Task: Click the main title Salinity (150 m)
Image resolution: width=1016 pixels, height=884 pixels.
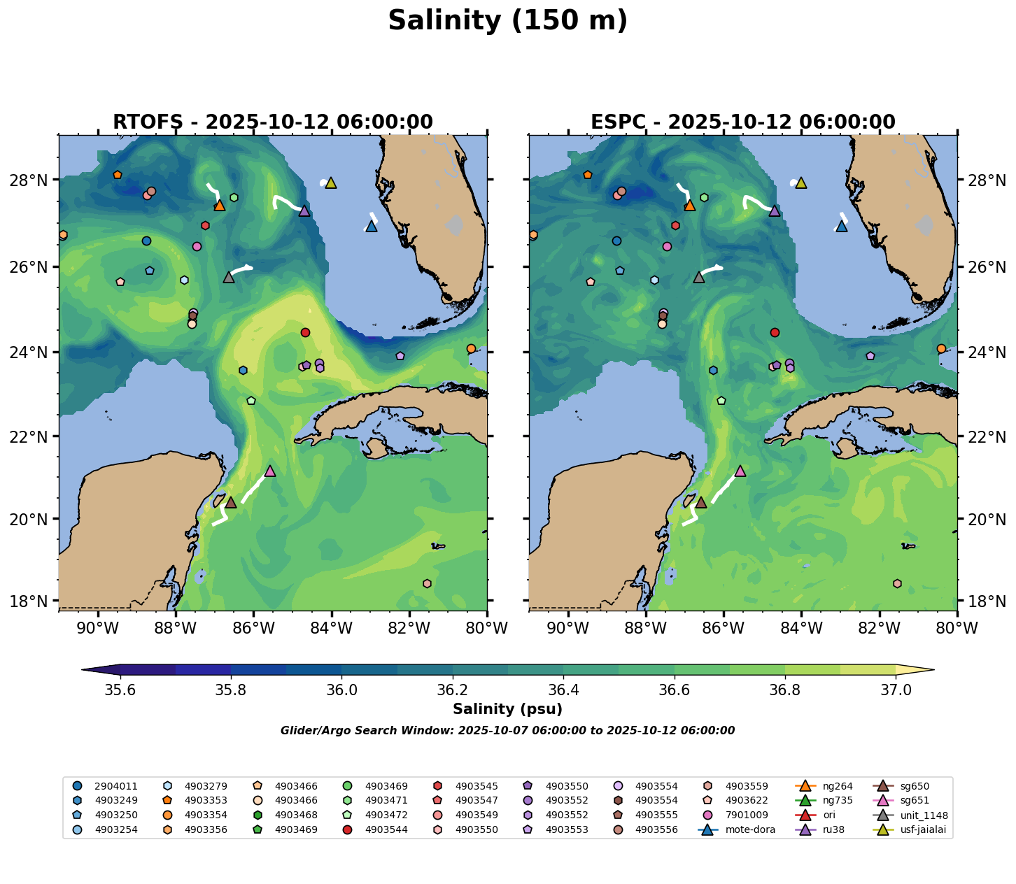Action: click(x=507, y=21)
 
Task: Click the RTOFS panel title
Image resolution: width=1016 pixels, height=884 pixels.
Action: click(x=273, y=122)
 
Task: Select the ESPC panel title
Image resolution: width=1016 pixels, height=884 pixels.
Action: click(x=743, y=122)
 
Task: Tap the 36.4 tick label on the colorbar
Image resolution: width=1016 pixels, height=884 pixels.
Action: click(x=563, y=690)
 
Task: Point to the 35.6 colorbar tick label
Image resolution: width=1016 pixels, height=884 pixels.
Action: click(x=120, y=690)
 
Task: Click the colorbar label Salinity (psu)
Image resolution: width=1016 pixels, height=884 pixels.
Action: click(x=507, y=710)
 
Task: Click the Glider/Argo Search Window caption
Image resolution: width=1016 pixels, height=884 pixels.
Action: click(x=507, y=731)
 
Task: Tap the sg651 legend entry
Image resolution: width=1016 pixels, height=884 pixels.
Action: click(x=914, y=801)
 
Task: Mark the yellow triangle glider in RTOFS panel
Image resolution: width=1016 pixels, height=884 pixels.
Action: click(x=331, y=183)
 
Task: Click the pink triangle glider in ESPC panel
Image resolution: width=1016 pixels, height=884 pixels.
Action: click(x=740, y=471)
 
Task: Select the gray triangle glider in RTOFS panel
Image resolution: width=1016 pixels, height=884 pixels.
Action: click(x=229, y=278)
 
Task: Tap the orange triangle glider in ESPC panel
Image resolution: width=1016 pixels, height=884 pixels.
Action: click(x=690, y=206)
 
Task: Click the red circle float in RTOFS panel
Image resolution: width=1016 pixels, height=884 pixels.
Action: click(x=305, y=332)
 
